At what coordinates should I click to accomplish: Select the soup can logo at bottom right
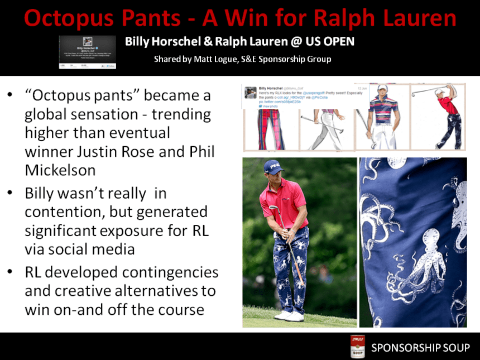point(357,347)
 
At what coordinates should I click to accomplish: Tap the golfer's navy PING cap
point(274,166)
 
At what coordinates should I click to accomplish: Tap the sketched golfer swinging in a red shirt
point(444,114)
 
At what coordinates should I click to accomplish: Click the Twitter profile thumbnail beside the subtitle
point(88,52)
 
